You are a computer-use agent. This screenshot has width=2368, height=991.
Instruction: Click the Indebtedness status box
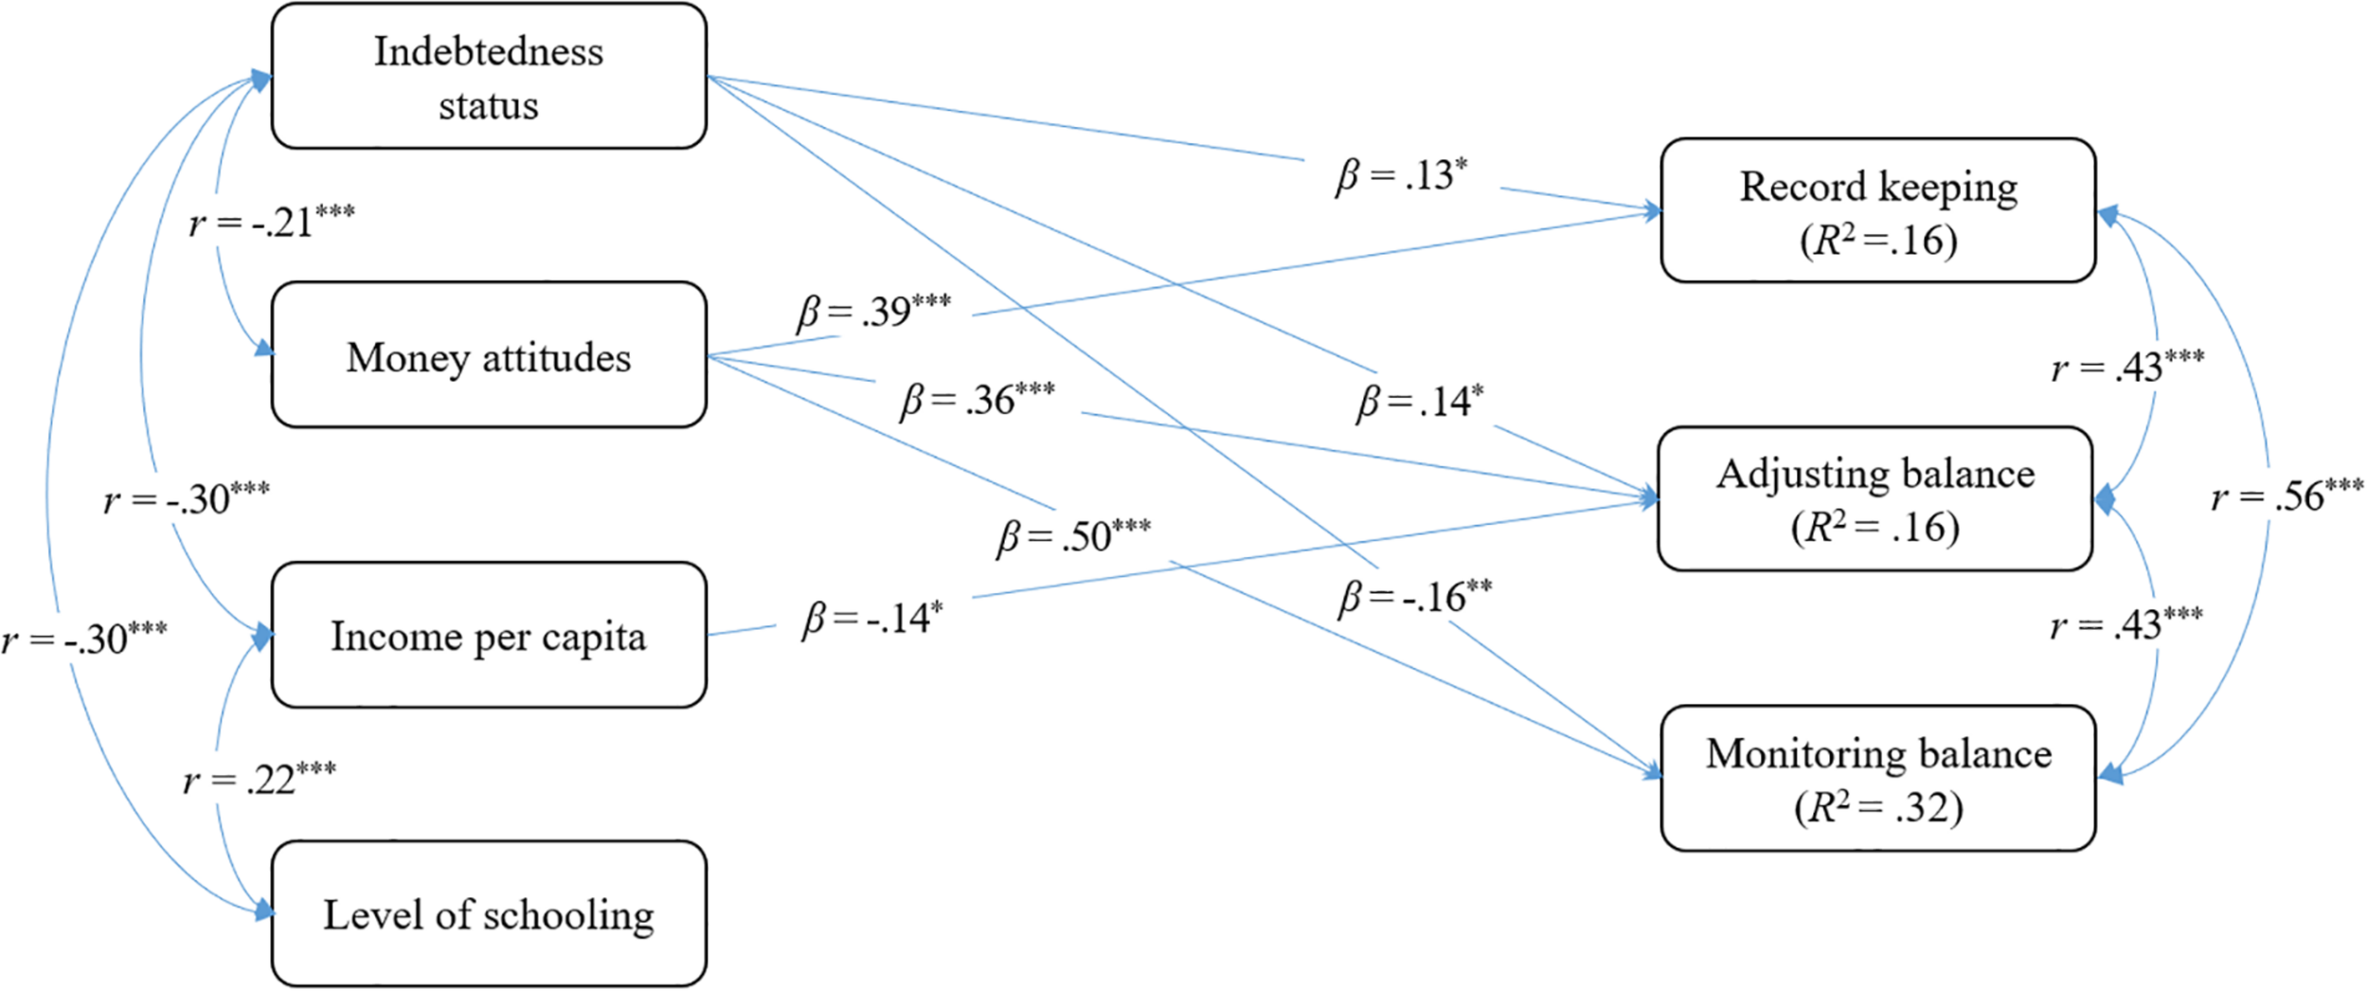(x=489, y=76)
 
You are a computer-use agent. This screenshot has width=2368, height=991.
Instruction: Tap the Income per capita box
(x=489, y=635)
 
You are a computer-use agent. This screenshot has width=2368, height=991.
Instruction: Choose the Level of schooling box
(x=489, y=914)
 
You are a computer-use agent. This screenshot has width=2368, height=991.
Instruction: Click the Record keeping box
(x=1877, y=210)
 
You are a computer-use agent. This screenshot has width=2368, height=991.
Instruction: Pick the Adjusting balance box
(x=1875, y=499)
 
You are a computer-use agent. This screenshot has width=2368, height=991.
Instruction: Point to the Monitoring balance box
(x=1877, y=778)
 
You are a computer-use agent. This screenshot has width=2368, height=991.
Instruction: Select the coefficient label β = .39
(x=872, y=312)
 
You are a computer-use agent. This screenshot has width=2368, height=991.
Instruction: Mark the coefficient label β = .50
(x=1072, y=536)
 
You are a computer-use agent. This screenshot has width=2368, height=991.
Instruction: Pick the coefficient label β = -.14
(x=871, y=618)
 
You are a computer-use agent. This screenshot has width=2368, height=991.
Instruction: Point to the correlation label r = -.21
(x=271, y=223)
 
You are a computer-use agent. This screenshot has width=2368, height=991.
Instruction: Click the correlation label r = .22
(x=259, y=780)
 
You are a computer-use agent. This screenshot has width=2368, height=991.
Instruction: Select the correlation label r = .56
(x=2287, y=496)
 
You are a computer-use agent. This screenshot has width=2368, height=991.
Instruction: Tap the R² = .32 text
(x=1879, y=807)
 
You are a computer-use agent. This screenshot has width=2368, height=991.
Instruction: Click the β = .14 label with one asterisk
(x=1419, y=402)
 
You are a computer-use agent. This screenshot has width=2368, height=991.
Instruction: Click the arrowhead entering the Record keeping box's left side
(x=1652, y=211)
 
